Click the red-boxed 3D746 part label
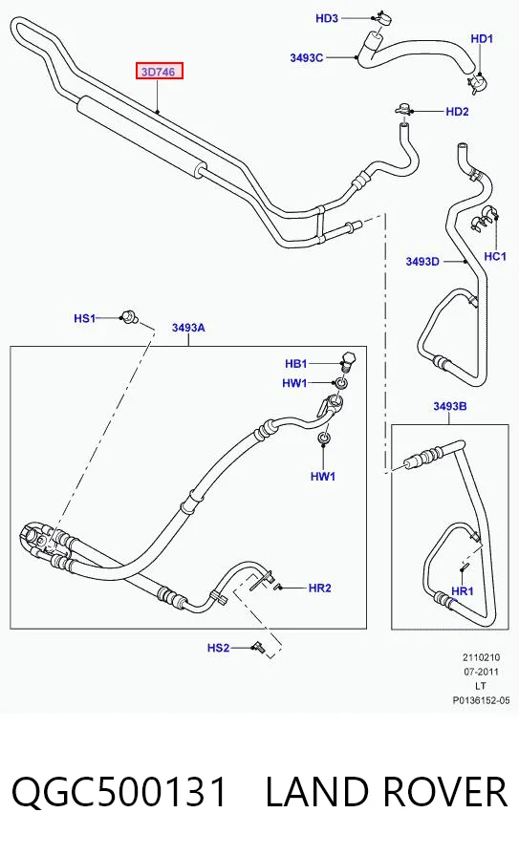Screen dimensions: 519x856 159,71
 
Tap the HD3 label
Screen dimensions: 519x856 327,18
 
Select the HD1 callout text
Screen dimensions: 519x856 482,39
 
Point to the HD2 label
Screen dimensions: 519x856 457,112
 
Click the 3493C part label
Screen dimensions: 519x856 307,58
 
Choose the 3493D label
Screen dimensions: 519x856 422,262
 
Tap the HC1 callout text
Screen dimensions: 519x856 495,256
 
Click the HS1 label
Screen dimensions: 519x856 85,318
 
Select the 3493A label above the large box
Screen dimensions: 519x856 188,328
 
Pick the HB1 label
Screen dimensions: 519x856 296,364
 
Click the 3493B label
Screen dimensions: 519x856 450,406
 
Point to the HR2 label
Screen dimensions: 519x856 319,588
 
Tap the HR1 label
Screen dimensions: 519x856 463,591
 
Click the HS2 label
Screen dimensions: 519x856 218,648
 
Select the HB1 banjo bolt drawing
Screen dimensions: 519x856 348,360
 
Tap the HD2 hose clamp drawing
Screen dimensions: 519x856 403,109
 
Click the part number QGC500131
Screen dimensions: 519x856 119,792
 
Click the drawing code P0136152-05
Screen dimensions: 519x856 481,700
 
